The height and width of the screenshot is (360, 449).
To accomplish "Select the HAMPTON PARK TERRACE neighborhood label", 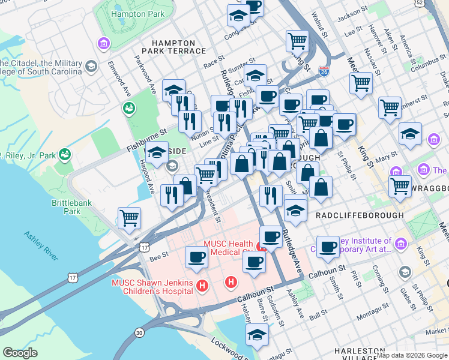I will pyautogui.click(x=173, y=47).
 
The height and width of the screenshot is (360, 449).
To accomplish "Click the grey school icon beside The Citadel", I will pyautogui.click(x=92, y=66).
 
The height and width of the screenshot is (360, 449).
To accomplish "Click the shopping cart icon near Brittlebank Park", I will pyautogui.click(x=129, y=218).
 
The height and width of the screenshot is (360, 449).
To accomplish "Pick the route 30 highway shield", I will pyautogui.click(x=139, y=332).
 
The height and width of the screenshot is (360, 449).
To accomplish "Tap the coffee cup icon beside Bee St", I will pyautogui.click(x=196, y=257).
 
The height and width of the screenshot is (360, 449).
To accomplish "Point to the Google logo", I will pyautogui.click(x=20, y=352).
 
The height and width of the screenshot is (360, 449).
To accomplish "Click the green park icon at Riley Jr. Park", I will pyautogui.click(x=65, y=155).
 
